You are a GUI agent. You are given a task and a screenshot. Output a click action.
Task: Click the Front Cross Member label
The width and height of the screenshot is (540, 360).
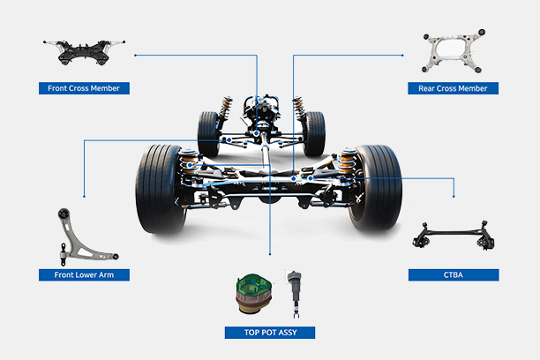coord(85,87)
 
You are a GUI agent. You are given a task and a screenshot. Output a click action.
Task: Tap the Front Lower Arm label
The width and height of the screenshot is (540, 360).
coord(85,274)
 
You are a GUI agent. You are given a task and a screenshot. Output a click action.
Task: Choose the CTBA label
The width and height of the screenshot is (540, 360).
coord(454,274)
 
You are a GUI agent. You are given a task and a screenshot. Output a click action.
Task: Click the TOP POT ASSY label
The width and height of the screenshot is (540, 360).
coord(270,333)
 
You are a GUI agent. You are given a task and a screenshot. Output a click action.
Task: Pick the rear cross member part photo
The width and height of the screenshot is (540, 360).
coord(454,55)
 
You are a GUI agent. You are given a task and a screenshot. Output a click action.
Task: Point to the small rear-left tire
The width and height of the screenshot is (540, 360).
coord(209,133)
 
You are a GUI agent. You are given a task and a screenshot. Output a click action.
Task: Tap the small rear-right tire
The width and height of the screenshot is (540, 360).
coord(314,133)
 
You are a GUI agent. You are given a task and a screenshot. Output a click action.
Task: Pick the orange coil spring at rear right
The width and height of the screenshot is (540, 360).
coord(298,109)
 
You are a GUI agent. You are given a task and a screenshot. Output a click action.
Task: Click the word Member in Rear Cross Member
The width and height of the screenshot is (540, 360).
coord(470,87)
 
